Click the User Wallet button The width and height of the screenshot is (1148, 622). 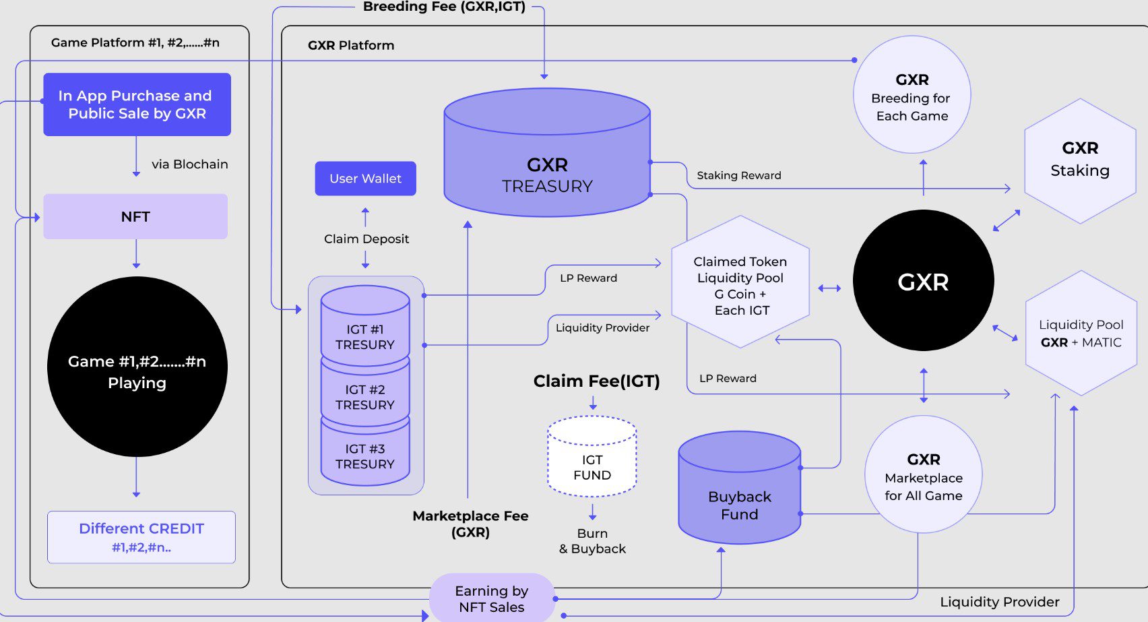(x=365, y=179)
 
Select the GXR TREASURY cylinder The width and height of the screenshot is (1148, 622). (x=547, y=162)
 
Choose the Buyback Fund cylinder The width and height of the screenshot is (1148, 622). (x=739, y=495)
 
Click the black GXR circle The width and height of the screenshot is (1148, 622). (x=923, y=280)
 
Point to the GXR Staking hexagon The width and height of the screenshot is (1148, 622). (x=1080, y=161)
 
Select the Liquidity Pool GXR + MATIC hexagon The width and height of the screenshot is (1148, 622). (x=1081, y=333)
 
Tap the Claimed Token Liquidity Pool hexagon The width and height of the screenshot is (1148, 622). (x=740, y=283)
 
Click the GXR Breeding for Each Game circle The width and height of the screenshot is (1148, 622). (x=912, y=95)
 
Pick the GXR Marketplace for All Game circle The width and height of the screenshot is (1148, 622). (x=923, y=475)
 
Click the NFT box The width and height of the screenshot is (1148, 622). (x=135, y=216)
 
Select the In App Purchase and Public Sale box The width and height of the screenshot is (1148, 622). (x=137, y=104)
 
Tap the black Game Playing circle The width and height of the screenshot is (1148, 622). (x=137, y=367)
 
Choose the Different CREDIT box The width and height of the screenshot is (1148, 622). (x=141, y=537)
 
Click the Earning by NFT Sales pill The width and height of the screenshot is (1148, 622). (x=492, y=598)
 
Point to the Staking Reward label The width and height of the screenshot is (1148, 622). (x=738, y=175)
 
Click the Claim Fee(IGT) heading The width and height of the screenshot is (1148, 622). (x=596, y=381)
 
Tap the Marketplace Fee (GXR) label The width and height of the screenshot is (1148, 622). (x=470, y=524)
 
